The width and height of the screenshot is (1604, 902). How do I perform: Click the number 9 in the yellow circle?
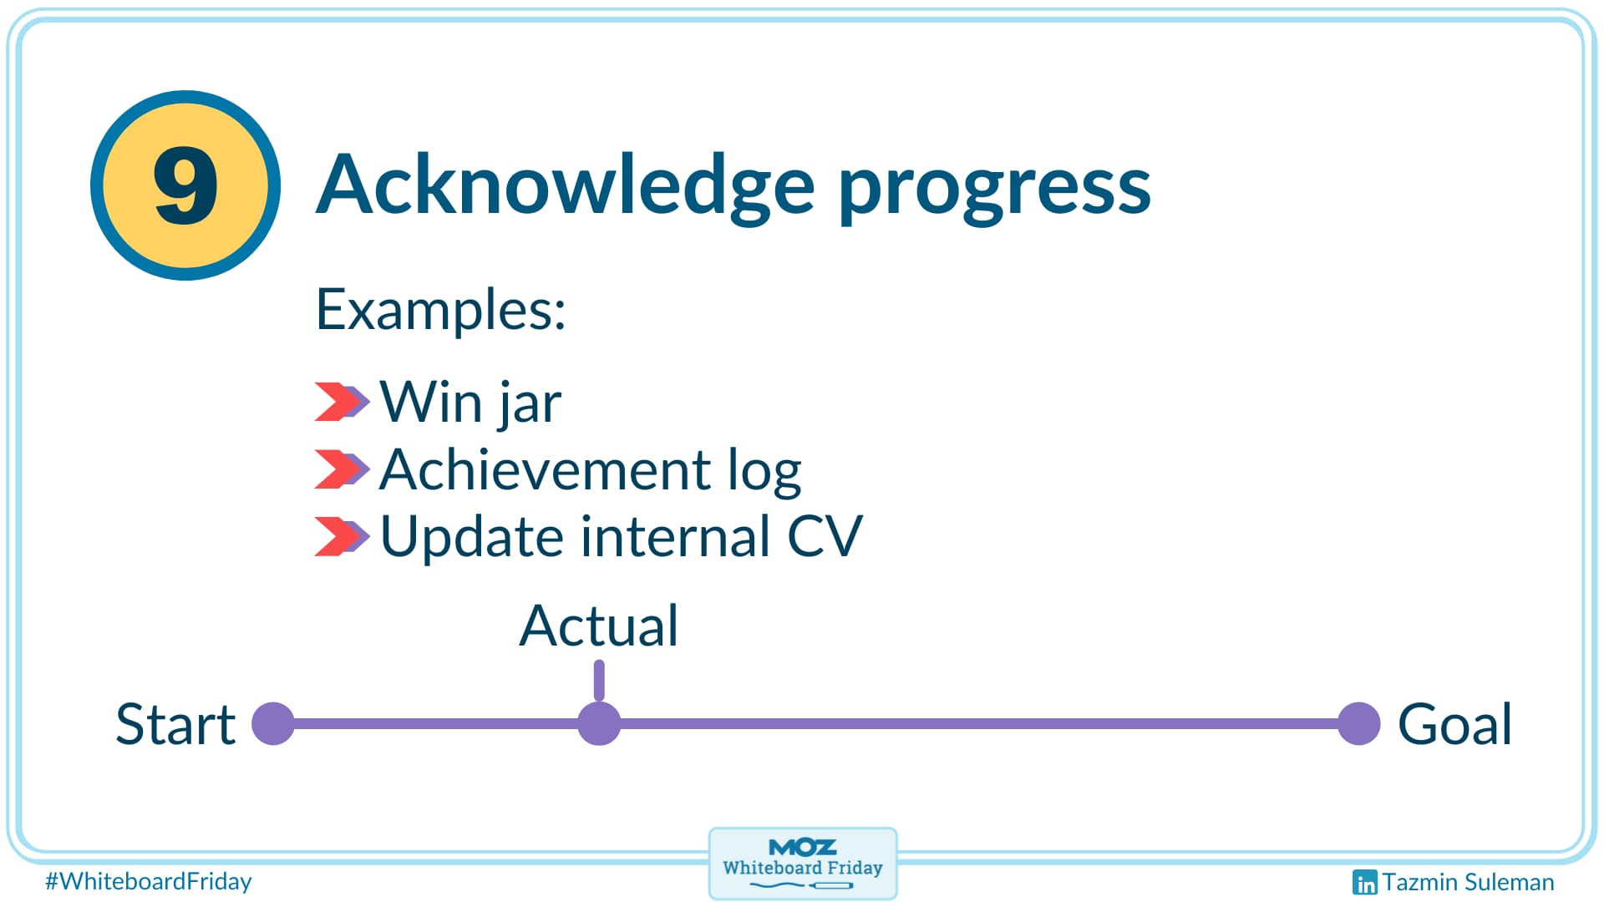point(185,185)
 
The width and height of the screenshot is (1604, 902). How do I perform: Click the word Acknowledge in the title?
point(565,185)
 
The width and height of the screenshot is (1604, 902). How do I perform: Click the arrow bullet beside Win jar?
point(341,402)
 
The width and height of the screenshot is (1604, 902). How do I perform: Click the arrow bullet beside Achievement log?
point(341,469)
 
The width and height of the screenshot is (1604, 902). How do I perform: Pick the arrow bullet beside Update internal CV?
point(341,536)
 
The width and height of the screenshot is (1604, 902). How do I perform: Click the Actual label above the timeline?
point(598,626)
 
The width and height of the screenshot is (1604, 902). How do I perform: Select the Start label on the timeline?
point(175,724)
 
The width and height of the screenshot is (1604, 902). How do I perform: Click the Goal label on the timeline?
point(1454,724)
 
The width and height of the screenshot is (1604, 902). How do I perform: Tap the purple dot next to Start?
point(273,723)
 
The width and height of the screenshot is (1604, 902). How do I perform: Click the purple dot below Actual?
point(599,723)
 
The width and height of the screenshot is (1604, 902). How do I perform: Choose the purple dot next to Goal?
point(1358,723)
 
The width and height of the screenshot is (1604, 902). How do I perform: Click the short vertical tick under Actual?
point(599,680)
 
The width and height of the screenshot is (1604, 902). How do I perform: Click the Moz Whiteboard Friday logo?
point(803,864)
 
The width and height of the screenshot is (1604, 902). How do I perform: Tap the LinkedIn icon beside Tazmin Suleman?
point(1364,882)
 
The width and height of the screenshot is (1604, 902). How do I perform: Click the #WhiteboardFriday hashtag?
point(149,881)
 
